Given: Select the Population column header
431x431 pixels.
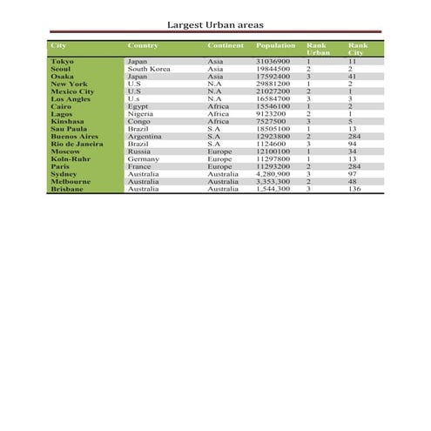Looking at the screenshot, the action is pos(276,44).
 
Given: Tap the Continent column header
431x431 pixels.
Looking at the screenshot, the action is pos(226,44).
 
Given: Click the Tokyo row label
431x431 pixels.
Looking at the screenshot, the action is pos(62,62).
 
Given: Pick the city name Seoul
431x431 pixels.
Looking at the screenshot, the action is pos(61,69).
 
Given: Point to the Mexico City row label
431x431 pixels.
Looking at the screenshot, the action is pos(72,91).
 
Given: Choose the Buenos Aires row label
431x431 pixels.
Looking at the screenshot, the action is pos(75,137).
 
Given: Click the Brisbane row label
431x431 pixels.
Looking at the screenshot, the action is pos(67,188).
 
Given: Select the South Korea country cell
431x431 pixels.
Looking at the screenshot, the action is pos(149,69).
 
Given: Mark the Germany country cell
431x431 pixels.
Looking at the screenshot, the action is pos(143,159).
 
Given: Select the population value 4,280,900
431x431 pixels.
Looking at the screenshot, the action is pos(273,174).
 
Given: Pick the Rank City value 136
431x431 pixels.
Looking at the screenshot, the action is pos(354,188).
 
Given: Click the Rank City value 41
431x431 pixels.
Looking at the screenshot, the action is pos(352,76).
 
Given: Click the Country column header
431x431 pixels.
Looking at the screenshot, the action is pos(143,44).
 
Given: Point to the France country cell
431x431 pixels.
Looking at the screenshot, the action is pos(139,166).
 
